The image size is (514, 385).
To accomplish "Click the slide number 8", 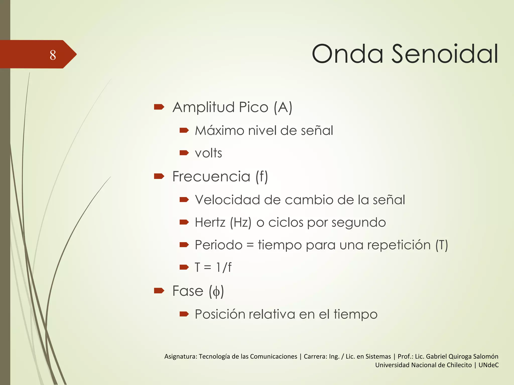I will click(x=53, y=55).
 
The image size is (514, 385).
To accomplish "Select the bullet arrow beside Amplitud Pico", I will click(x=159, y=107).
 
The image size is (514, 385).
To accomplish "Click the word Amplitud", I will click(x=204, y=107).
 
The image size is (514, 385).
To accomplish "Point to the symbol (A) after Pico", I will click(x=283, y=107).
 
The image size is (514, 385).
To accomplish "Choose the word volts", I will click(x=208, y=153).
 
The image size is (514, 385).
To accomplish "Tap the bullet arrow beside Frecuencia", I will click(x=159, y=176).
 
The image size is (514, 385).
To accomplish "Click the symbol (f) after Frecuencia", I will click(x=262, y=176).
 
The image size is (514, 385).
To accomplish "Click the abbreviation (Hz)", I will click(x=240, y=222).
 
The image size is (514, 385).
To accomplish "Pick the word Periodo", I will click(x=219, y=245).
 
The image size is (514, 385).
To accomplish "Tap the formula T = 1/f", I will click(x=213, y=267).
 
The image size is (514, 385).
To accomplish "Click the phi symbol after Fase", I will click(x=216, y=292).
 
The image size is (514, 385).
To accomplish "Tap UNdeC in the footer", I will click(x=488, y=365).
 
